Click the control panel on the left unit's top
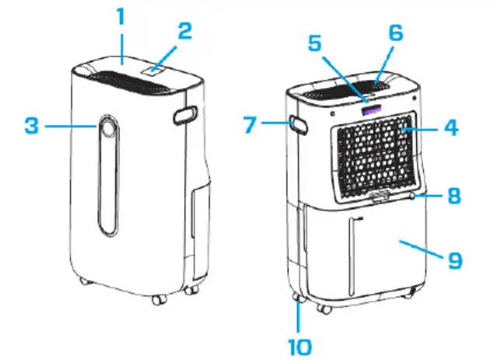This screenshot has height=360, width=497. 155,69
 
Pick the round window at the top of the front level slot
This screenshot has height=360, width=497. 107,129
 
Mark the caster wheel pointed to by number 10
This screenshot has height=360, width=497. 296,299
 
